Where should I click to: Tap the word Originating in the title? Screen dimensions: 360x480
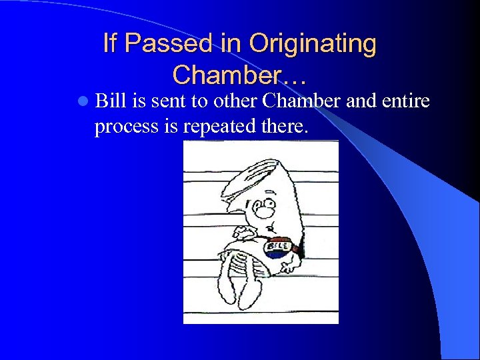click(313, 44)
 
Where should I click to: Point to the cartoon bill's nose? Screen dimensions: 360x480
click(264, 211)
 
